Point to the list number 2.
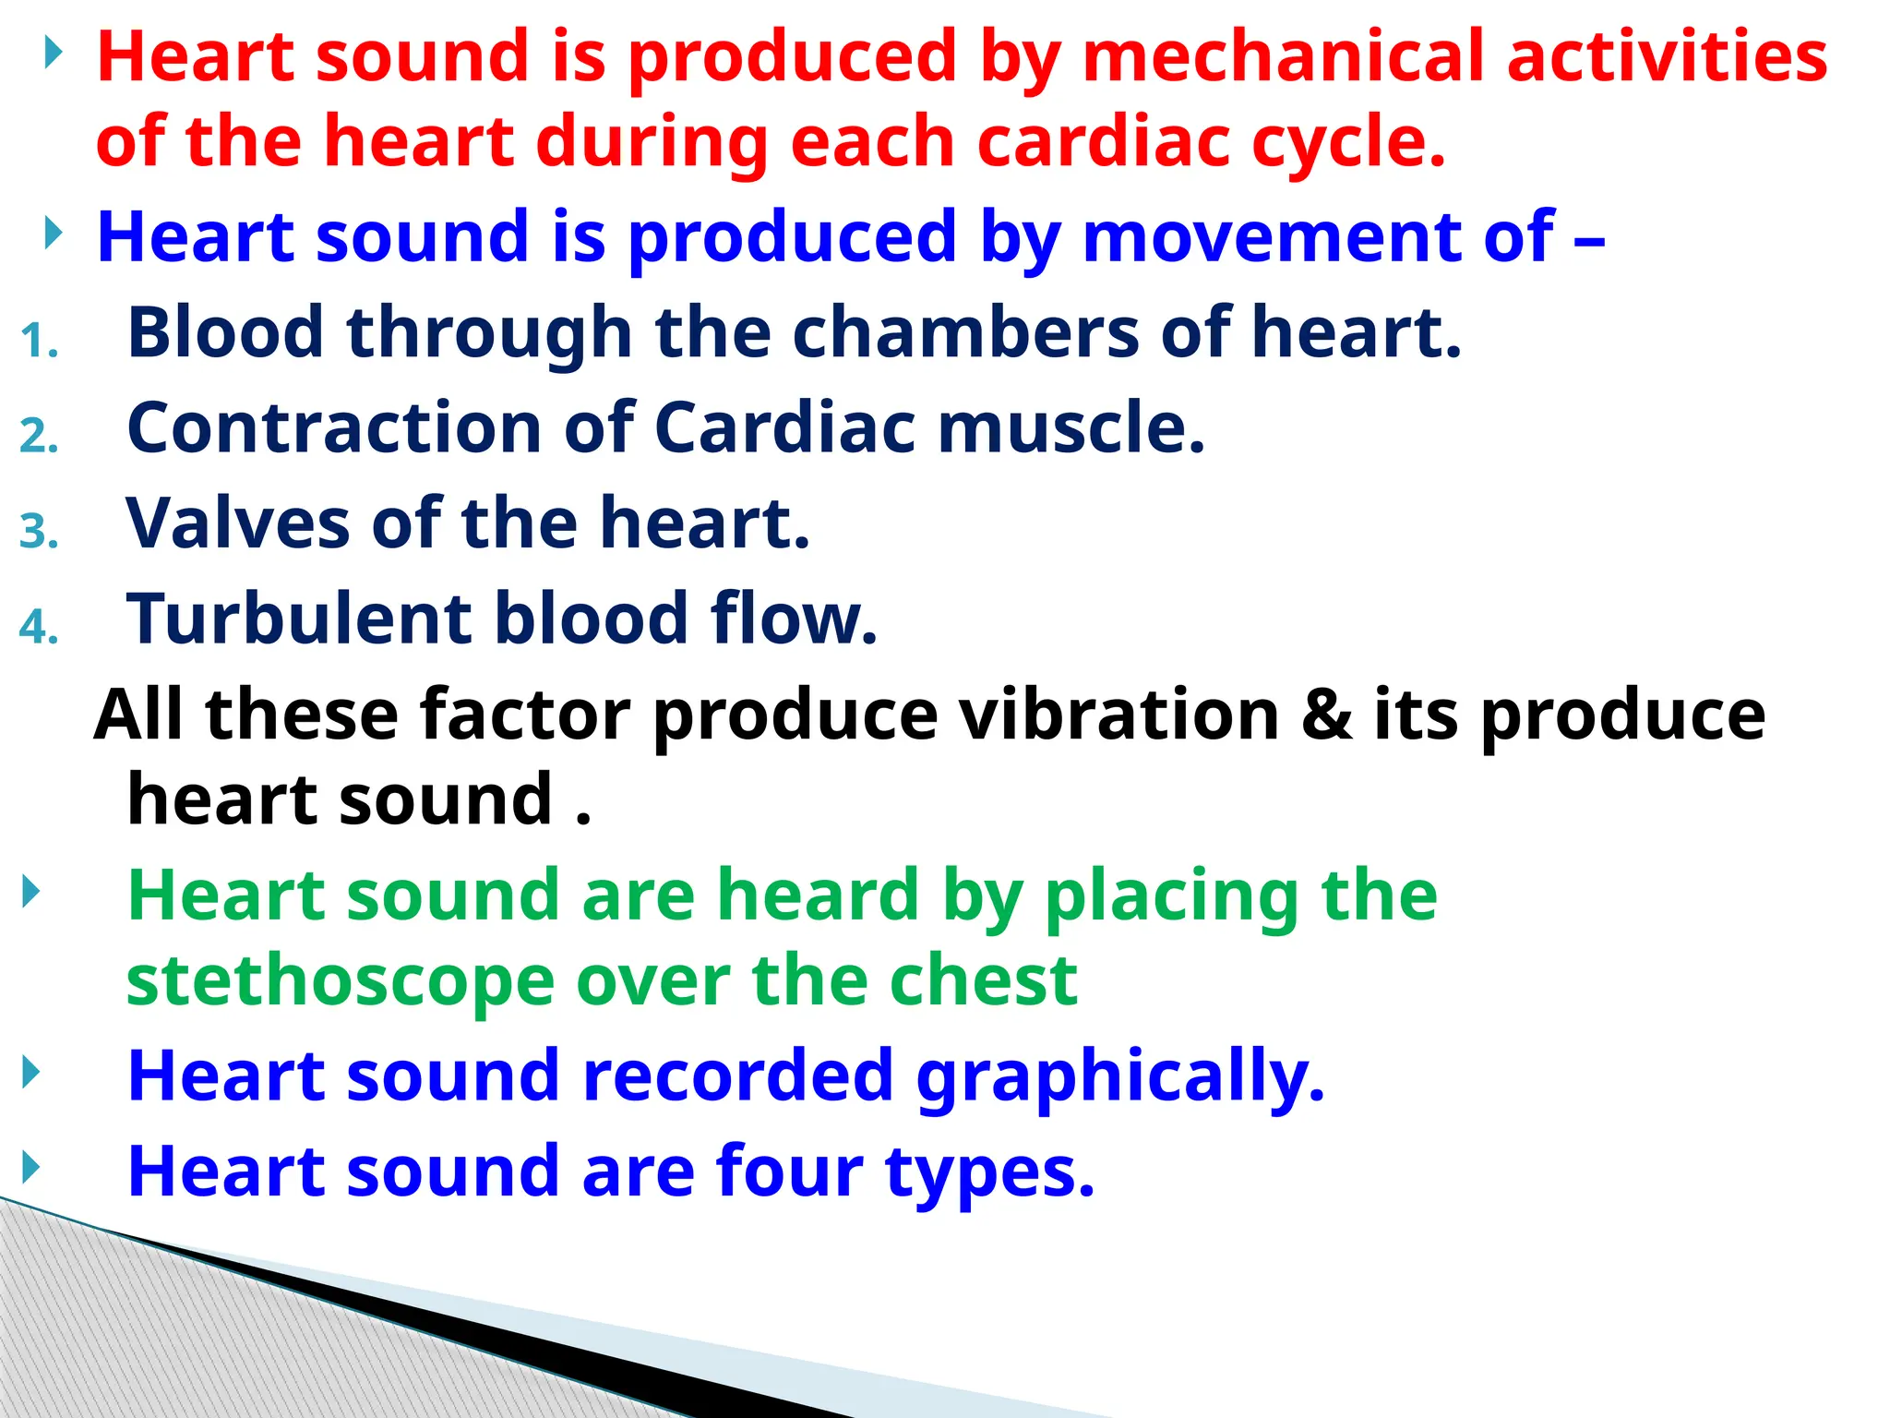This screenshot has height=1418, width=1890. [x=40, y=436]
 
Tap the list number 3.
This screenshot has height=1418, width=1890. [x=40, y=532]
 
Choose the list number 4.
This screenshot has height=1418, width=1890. [x=40, y=628]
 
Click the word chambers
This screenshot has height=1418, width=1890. [x=965, y=332]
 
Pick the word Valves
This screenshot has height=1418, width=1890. [x=238, y=523]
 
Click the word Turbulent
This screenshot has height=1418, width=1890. [x=300, y=619]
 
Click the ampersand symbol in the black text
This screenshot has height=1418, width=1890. [x=1326, y=715]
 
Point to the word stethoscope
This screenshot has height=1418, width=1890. [x=340, y=982]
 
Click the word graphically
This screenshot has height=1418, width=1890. [x=1119, y=1077]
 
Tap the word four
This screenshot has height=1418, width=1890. [x=789, y=1172]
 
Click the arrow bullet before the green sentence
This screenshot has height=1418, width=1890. [x=31, y=892]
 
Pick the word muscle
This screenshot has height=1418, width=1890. [x=1071, y=428]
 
